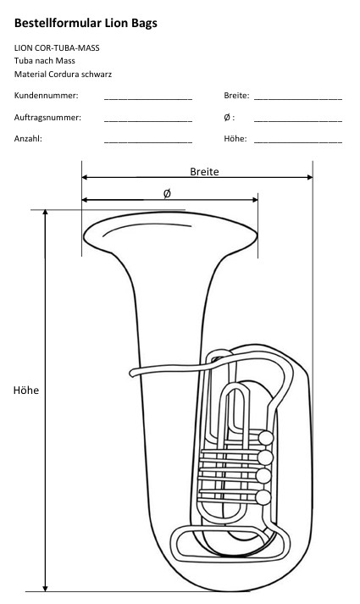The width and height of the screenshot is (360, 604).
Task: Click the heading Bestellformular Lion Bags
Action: tap(86, 23)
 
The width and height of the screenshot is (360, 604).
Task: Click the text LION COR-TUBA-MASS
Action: tap(57, 48)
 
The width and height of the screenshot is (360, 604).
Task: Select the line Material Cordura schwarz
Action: tap(63, 74)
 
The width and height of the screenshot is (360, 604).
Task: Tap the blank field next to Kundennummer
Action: tap(148, 99)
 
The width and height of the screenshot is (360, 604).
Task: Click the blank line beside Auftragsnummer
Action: tap(148, 121)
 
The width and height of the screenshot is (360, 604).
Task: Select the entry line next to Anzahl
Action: tap(148, 142)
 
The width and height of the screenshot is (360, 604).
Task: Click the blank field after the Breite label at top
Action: tap(298, 99)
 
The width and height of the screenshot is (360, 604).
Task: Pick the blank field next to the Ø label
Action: tap(298, 121)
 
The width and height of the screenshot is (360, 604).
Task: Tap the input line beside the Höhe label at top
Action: tap(298, 142)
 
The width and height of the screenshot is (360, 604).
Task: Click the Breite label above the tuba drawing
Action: tap(204, 171)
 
